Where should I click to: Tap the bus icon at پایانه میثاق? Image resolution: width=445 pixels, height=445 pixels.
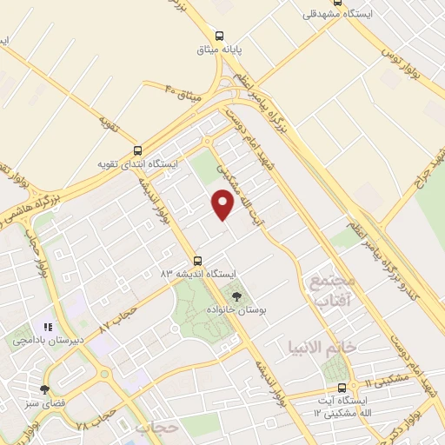point(219,37)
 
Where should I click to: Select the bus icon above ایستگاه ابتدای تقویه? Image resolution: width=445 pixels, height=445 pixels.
point(136,150)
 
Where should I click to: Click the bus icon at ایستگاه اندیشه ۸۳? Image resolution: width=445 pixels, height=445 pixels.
point(197,260)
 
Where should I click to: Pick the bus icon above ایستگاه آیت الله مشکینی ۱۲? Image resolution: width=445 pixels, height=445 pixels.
point(342,387)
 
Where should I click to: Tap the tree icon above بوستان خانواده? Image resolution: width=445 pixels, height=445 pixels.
point(236,296)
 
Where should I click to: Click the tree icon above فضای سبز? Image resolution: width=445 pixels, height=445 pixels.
point(44,389)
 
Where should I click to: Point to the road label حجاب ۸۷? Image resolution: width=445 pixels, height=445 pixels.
point(118,319)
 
